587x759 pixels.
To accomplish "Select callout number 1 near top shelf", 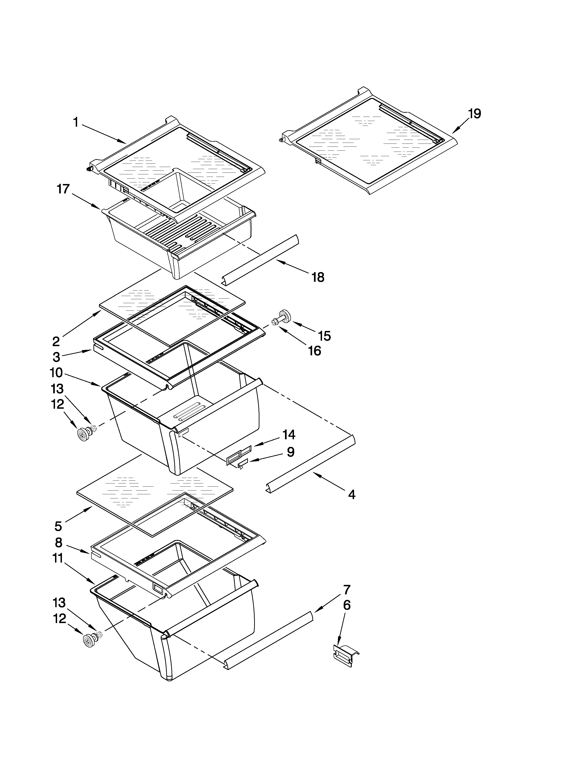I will click(76, 122).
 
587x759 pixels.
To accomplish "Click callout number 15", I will click(324, 336).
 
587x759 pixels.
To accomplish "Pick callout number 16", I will click(314, 351).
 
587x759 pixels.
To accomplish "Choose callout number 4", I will click(352, 494).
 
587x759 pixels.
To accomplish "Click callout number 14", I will click(289, 434).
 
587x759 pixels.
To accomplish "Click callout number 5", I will click(58, 526).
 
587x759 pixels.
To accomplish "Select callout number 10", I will click(56, 373).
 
